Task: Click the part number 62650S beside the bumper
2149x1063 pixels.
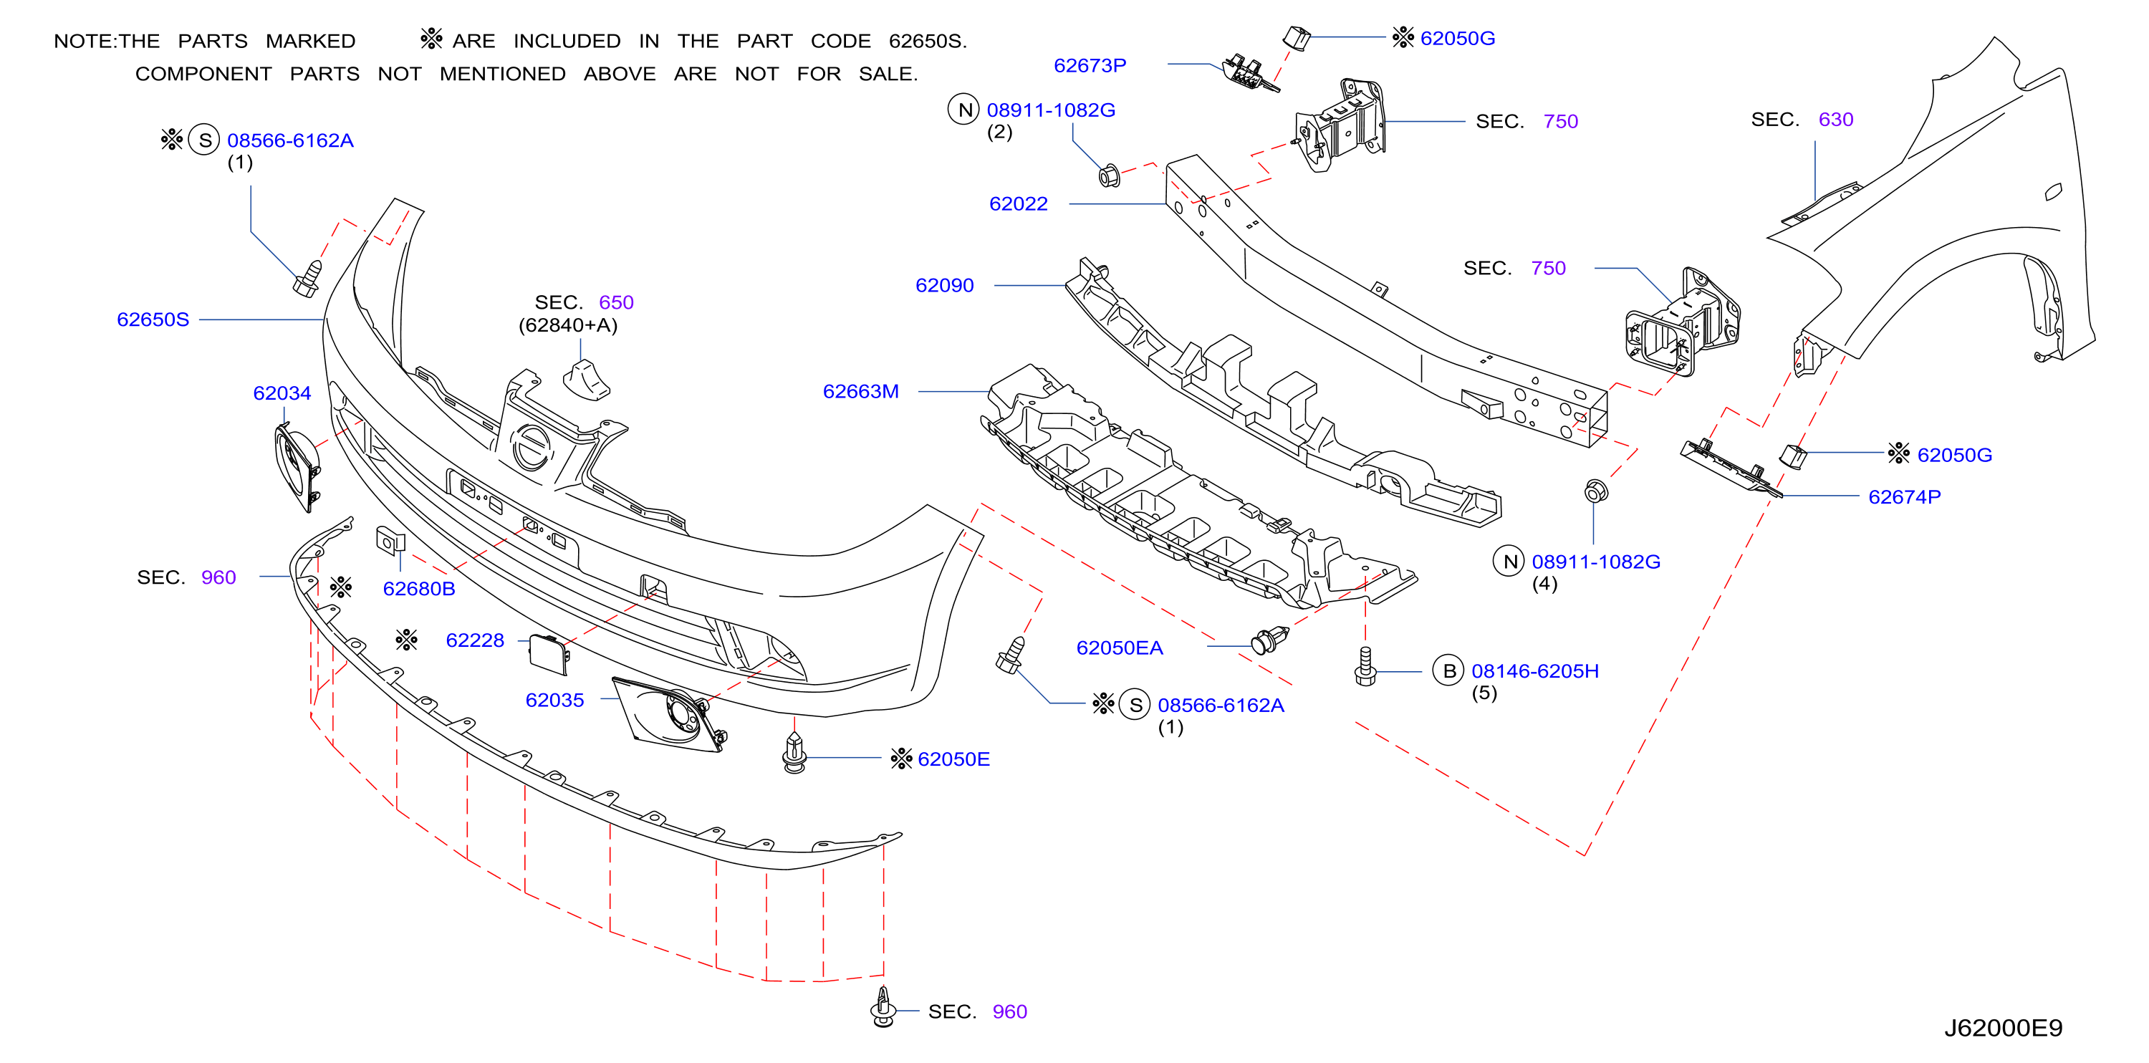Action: click(153, 319)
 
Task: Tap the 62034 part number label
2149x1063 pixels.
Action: click(282, 393)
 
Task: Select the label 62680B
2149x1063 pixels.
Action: click(419, 589)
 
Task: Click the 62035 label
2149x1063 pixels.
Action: click(554, 700)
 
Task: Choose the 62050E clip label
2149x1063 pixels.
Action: click(953, 759)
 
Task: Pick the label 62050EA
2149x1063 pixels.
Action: click(1119, 648)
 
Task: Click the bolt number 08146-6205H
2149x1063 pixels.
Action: click(1535, 671)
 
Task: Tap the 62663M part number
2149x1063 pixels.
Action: click(860, 391)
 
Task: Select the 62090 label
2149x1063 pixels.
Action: click(944, 285)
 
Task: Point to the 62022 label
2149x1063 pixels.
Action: click(1018, 203)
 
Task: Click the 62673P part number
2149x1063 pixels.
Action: click(1090, 65)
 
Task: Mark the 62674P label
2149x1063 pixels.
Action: click(1905, 497)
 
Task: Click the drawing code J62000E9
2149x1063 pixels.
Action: click(2003, 1028)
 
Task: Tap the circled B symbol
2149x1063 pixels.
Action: click(1449, 671)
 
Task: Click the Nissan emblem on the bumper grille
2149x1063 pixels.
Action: click(532, 446)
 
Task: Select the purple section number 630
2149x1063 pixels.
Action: click(1835, 120)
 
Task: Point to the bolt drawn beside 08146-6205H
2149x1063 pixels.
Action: click(1365, 667)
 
